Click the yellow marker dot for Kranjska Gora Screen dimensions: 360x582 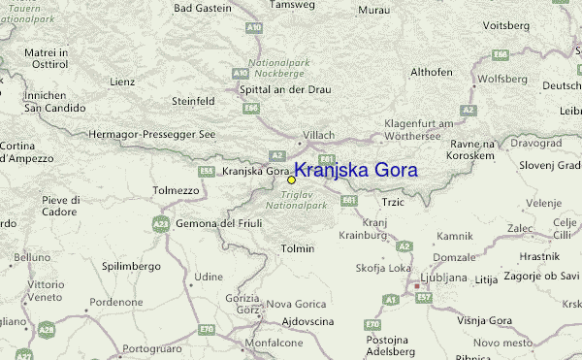tap(291, 180)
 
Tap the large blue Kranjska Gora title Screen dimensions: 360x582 tap(355, 170)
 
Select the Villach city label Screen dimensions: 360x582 tap(318, 135)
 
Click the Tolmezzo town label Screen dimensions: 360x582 tap(175, 191)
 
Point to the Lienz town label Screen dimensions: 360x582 tap(121, 82)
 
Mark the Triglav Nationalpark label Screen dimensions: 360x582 tap(291, 201)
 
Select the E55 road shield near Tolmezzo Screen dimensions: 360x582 tap(206, 171)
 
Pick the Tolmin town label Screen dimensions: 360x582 tap(297, 249)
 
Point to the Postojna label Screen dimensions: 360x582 tap(387, 341)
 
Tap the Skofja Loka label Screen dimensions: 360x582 tap(379, 267)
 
